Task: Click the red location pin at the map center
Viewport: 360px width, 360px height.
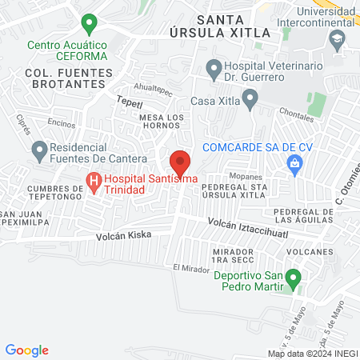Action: click(180, 162)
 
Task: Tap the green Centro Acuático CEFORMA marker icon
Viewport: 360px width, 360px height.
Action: click(90, 24)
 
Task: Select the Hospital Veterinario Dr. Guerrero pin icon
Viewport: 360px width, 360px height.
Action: click(213, 69)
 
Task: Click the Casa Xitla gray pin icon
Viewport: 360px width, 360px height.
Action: click(250, 100)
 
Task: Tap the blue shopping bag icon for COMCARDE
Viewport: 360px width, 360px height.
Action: click(294, 163)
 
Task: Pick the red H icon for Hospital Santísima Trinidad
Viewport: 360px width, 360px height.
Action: click(94, 182)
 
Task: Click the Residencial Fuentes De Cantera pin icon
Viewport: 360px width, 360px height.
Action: click(38, 150)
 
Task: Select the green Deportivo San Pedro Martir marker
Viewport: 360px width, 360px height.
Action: click(293, 280)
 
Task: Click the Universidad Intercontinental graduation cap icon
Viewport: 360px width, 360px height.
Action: click(338, 38)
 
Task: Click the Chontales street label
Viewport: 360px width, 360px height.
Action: click(298, 117)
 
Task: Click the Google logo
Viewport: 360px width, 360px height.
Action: click(26, 350)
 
